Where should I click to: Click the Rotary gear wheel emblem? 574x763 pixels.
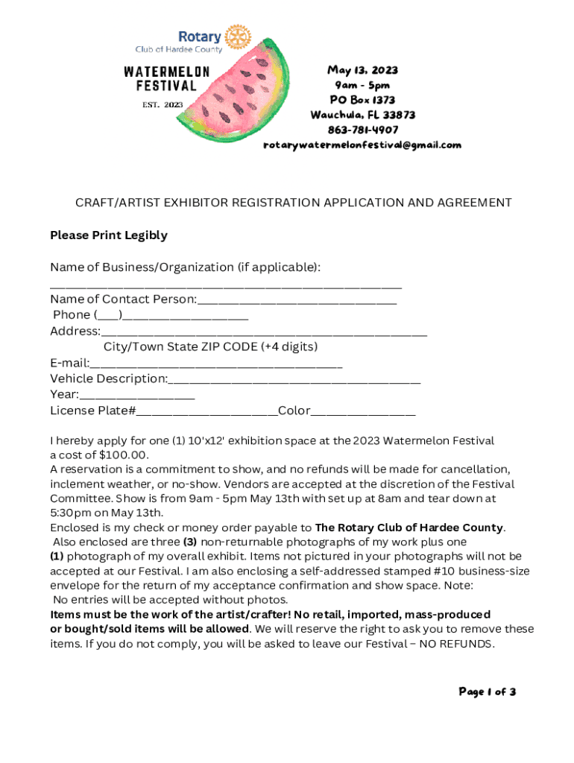point(239,36)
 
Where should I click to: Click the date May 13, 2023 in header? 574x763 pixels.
point(362,70)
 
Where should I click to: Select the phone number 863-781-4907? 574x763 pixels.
point(362,130)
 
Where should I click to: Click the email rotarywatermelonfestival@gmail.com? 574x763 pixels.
point(362,145)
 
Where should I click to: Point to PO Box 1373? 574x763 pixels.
point(362,100)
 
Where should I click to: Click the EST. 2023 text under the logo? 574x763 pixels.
point(163,104)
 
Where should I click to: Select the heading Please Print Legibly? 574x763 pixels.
point(109,235)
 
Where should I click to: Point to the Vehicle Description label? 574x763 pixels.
point(109,379)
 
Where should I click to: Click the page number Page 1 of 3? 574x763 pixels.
point(487,691)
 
